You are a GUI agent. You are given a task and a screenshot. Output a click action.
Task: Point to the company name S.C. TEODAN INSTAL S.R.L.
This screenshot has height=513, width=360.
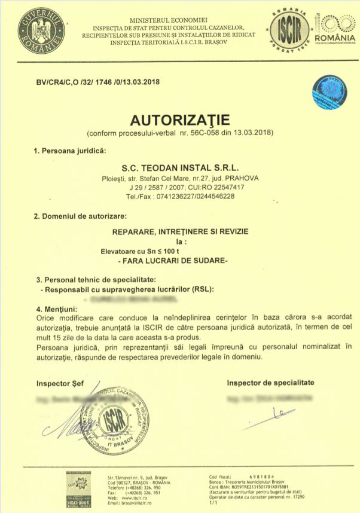[181, 168]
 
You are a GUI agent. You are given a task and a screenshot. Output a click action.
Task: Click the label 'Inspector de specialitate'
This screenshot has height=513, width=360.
[270, 383]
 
